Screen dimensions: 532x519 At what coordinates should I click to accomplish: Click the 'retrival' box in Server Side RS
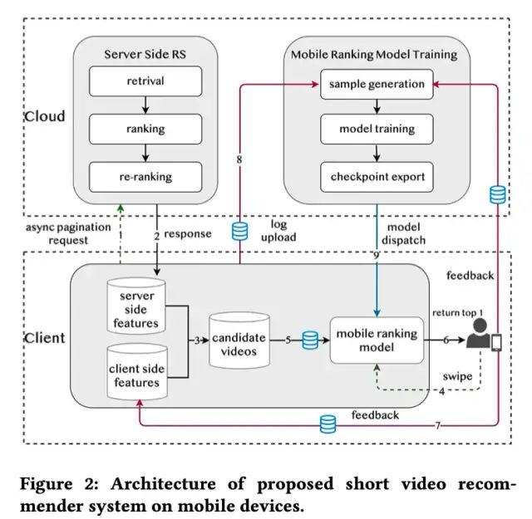[x=145, y=81]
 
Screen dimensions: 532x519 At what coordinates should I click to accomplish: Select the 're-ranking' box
[x=145, y=177]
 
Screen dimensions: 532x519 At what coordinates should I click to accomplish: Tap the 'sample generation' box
[x=377, y=84]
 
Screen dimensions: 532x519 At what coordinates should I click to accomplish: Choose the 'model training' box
[x=377, y=129]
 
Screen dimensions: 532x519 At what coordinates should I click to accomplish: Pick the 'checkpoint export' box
[x=377, y=177]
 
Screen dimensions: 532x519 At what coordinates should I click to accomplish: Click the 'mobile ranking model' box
[x=377, y=340]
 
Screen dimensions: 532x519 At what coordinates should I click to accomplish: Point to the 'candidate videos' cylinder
[x=239, y=340]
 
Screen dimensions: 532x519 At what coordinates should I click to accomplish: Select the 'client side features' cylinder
[x=137, y=372]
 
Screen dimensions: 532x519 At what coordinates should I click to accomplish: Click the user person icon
[x=478, y=333]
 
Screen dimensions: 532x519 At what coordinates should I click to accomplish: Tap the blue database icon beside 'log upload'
[x=240, y=231]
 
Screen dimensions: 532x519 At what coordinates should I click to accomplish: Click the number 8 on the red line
[x=239, y=159]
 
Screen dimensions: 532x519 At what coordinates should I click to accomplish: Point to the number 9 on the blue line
[x=376, y=255]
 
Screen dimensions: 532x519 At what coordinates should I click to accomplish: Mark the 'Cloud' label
[x=44, y=116]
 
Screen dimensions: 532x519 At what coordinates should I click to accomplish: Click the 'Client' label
[x=44, y=338]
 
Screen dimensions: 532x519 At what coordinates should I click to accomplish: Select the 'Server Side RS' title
[x=145, y=54]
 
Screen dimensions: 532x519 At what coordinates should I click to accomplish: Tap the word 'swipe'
[x=457, y=377]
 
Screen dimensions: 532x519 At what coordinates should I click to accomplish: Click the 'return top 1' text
[x=457, y=313]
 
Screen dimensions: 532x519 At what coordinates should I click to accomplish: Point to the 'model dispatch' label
[x=403, y=233]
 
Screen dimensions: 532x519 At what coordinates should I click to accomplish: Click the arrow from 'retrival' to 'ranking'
[x=145, y=105]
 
